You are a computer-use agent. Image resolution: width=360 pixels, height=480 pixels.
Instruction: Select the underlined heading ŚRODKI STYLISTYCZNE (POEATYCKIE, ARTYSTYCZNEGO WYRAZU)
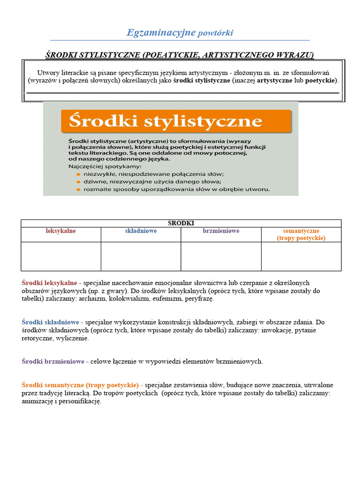click(x=180, y=55)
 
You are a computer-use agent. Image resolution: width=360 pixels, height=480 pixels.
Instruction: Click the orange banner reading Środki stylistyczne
click(x=176, y=121)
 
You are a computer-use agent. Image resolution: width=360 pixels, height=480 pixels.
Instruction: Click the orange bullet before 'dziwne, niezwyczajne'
click(x=78, y=182)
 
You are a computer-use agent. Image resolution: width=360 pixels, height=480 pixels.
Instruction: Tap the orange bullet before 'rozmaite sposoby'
click(x=78, y=189)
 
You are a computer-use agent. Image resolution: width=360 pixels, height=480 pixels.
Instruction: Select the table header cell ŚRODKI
click(x=181, y=223)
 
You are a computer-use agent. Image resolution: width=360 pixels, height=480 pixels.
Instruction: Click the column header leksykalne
click(x=61, y=231)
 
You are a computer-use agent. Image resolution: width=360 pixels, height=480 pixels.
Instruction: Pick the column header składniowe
click(x=141, y=231)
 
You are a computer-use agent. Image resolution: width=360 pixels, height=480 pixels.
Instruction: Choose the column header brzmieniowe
click(x=221, y=231)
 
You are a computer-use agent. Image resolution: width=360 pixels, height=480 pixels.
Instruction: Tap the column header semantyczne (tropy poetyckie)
click(x=301, y=234)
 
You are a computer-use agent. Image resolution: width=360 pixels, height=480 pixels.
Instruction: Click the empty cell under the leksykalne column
click(x=61, y=256)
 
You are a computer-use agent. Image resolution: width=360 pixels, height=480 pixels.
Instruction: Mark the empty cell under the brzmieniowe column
click(x=221, y=256)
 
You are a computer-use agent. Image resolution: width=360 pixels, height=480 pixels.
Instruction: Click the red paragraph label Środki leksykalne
click(x=51, y=283)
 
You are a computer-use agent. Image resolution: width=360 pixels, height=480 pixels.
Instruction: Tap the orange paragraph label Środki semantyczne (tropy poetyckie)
click(x=82, y=385)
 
